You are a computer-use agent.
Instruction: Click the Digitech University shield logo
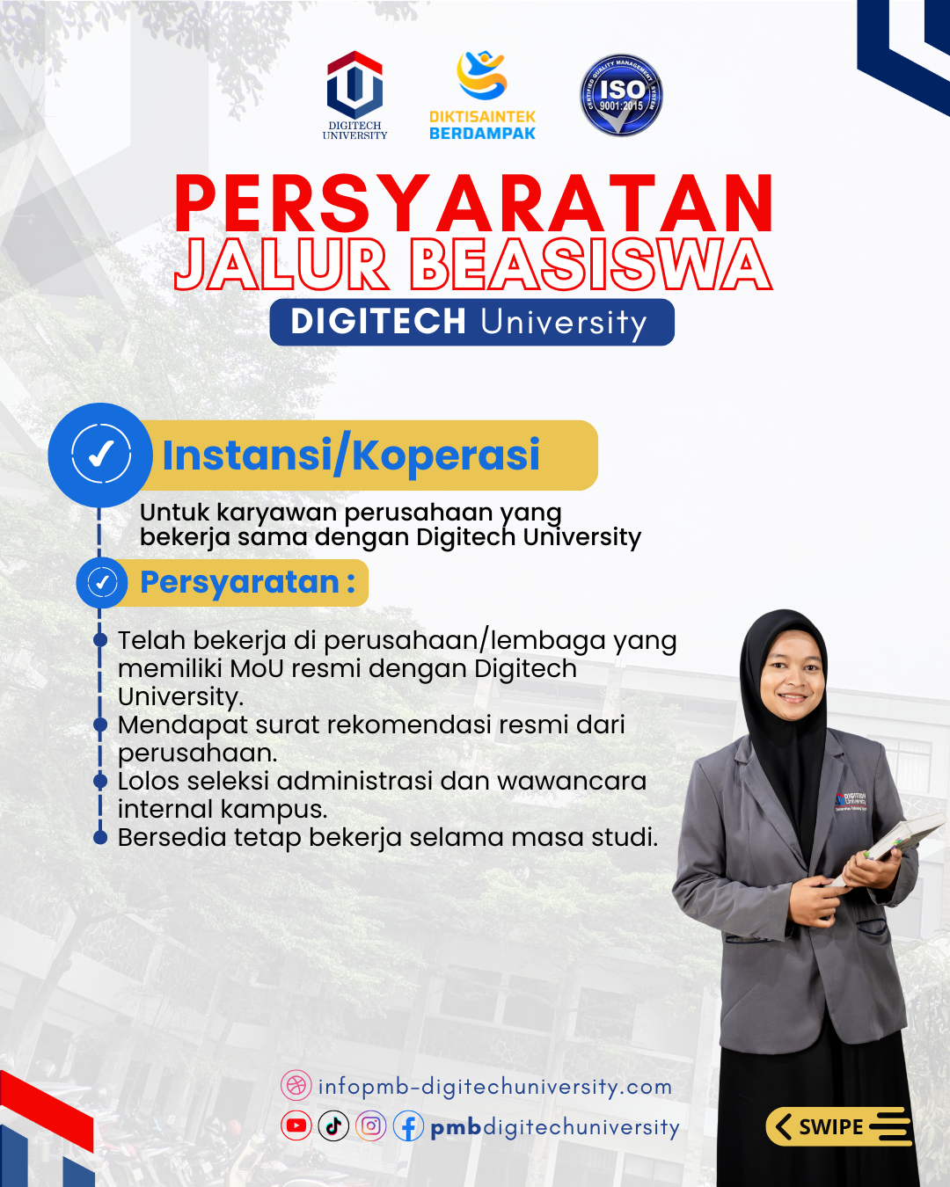tap(354, 85)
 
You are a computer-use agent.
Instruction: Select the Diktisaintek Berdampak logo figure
tap(482, 76)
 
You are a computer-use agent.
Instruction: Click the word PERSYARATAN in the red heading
tap(474, 204)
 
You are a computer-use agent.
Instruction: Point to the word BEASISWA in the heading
tap(590, 265)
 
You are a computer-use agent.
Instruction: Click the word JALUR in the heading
tap(281, 265)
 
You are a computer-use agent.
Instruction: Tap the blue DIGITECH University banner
tap(471, 322)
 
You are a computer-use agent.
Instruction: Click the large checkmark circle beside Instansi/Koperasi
tap(100, 454)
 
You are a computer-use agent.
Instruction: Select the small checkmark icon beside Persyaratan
tap(102, 582)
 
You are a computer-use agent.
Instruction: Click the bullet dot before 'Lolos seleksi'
tap(100, 781)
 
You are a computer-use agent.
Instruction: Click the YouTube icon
tap(296, 1125)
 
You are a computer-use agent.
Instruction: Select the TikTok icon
tap(333, 1125)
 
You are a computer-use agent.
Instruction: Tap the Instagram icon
tap(371, 1125)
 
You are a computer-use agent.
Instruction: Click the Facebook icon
tap(408, 1126)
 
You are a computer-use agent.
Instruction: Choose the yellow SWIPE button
tap(837, 1126)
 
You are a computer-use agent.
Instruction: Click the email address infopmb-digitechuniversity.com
tap(494, 1087)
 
